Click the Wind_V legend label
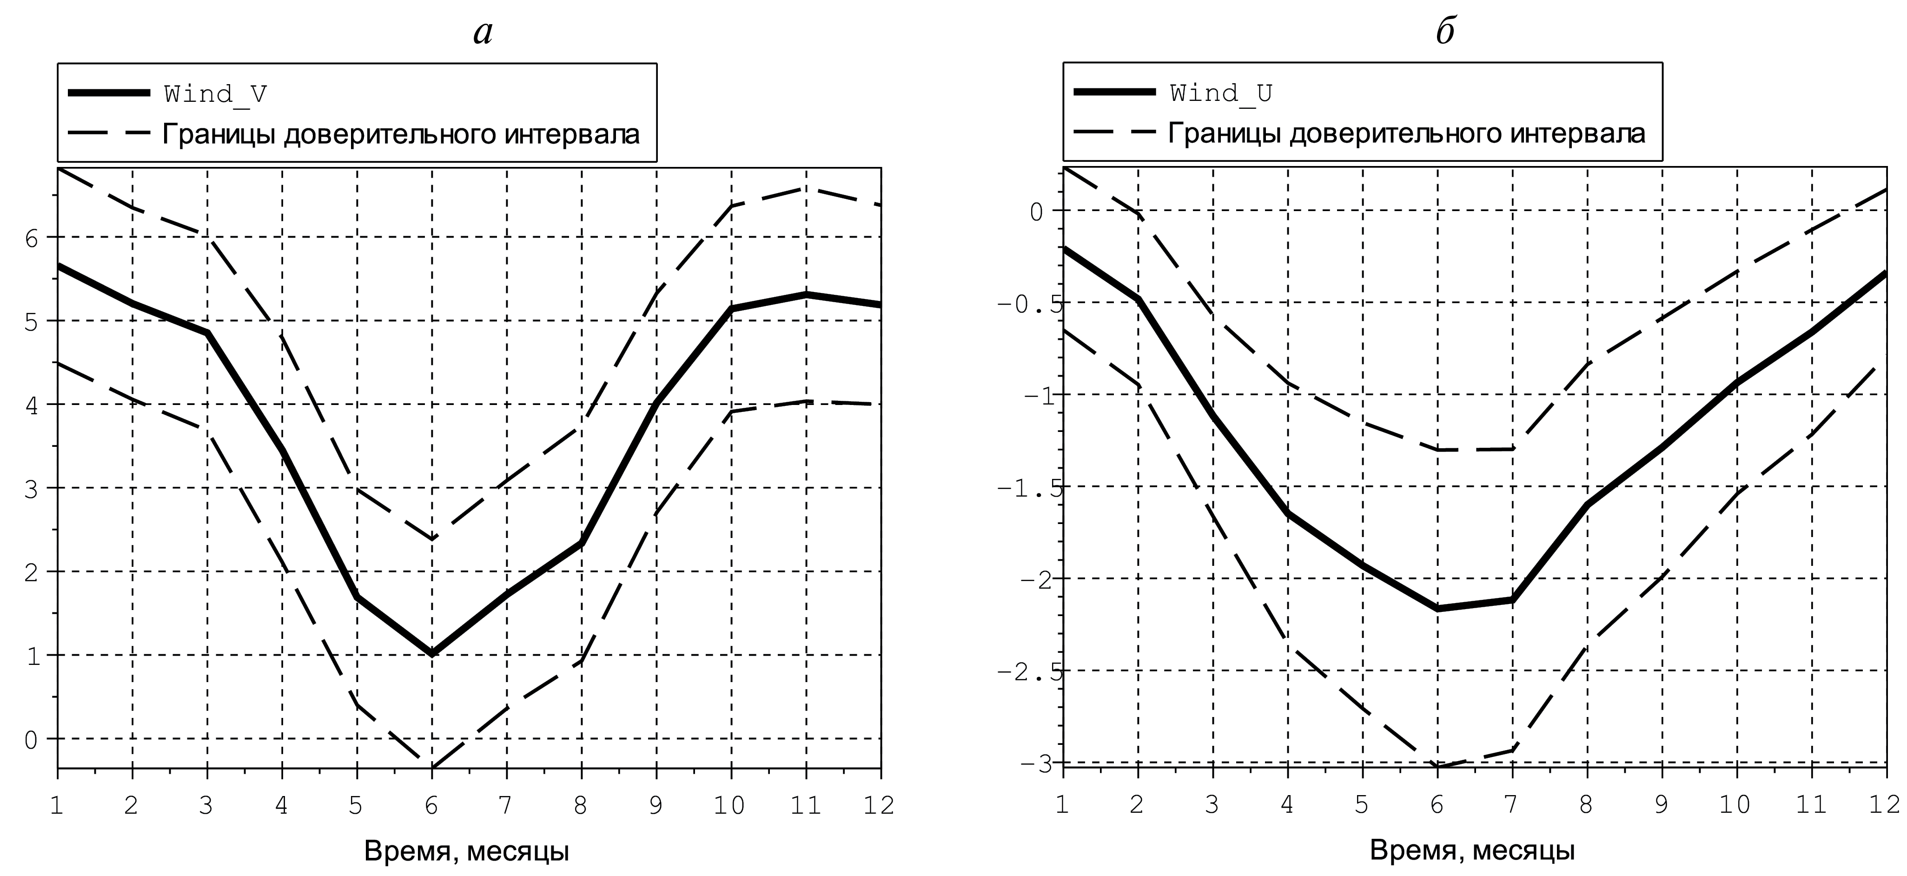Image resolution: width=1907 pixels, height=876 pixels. coord(215,94)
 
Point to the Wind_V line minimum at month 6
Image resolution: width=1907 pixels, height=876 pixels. coord(431,653)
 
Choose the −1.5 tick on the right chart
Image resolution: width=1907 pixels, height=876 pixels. coord(1029,488)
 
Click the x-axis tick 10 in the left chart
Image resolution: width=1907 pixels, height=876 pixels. coord(730,805)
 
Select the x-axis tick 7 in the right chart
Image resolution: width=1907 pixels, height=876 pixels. coord(1512,805)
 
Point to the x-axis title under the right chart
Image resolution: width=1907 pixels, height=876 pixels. coord(1472,850)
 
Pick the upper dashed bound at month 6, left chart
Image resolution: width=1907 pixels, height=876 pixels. coord(431,538)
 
